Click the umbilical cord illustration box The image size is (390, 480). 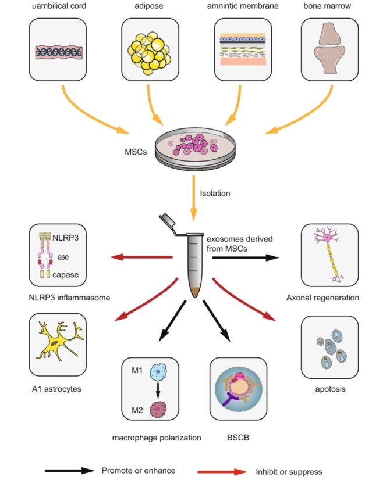(x=58, y=49)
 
